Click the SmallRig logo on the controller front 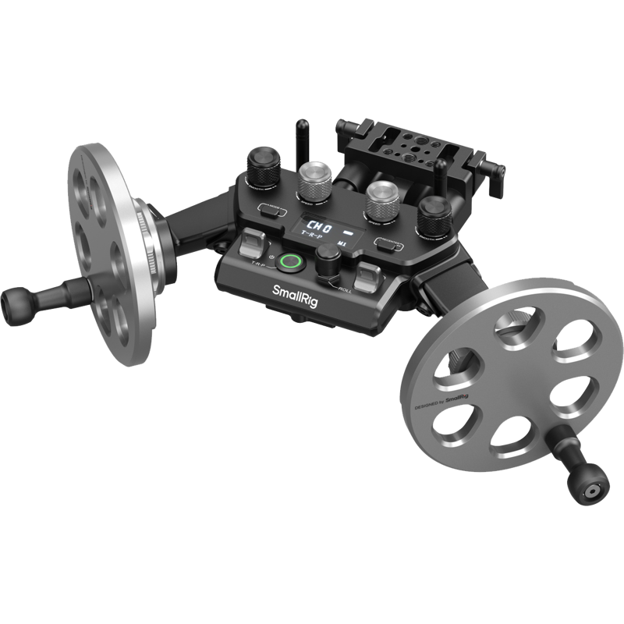(x=293, y=292)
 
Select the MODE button (x=268, y=209)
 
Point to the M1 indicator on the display (x=342, y=243)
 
